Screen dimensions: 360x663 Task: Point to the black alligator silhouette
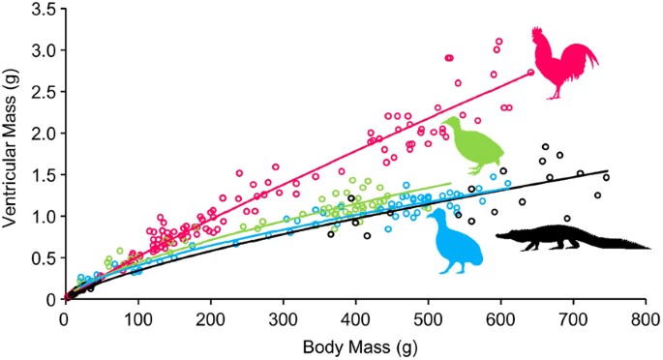pos(571,238)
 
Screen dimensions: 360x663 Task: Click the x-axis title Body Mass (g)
pos(355,346)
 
